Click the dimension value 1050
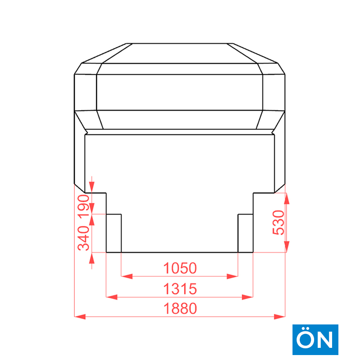click(x=180, y=268)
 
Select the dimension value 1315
click(x=180, y=288)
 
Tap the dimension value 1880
click(x=180, y=308)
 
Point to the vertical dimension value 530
click(x=278, y=222)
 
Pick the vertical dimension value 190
click(x=84, y=206)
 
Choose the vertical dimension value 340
click(x=84, y=238)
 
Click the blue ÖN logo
click(x=315, y=340)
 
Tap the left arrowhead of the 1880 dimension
click(x=80, y=317)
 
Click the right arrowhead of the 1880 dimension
click(x=279, y=317)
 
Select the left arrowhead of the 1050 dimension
click(x=127, y=276)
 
